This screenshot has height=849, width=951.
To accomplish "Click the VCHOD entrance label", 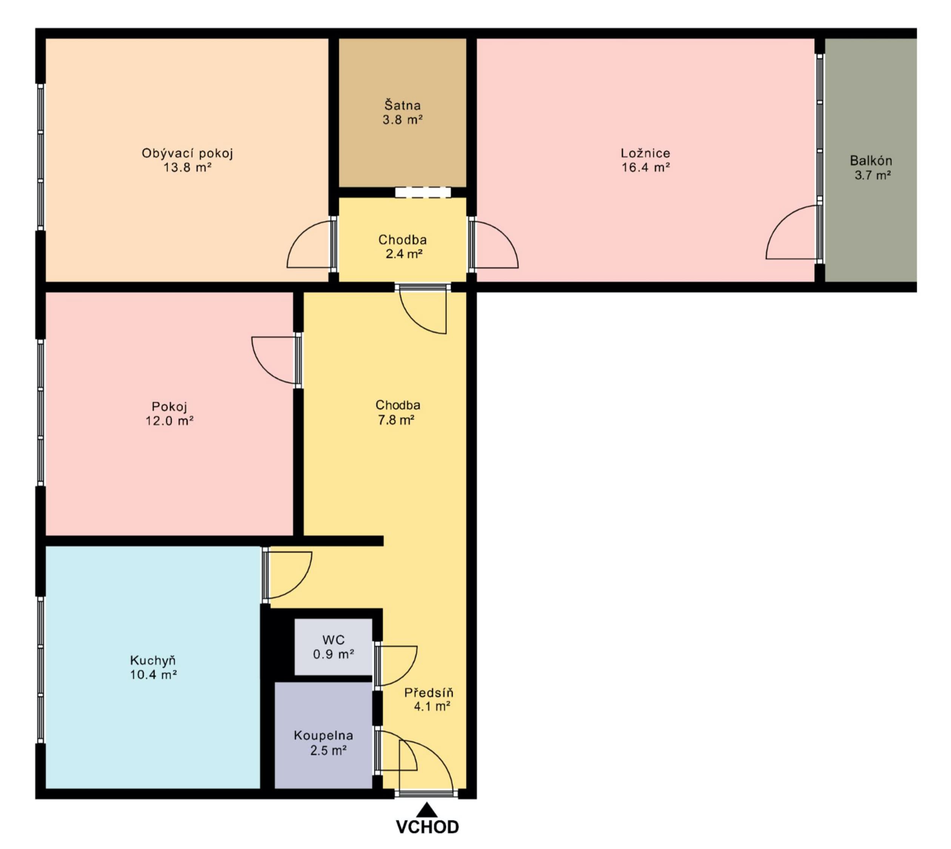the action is pyautogui.click(x=427, y=827).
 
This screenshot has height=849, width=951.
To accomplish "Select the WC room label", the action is pyautogui.click(x=334, y=639).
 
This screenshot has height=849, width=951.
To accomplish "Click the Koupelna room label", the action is pyautogui.click(x=323, y=736).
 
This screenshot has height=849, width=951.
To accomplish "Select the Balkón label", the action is pyautogui.click(x=871, y=160).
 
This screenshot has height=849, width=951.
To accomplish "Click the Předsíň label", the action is pyautogui.click(x=429, y=693).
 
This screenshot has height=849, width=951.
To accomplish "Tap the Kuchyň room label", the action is pyautogui.click(x=153, y=661).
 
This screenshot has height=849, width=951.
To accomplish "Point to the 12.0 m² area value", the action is pyautogui.click(x=169, y=421).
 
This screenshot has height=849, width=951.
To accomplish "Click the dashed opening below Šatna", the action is pyautogui.click(x=423, y=192).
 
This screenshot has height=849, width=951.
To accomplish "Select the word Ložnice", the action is pyautogui.click(x=645, y=153).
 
